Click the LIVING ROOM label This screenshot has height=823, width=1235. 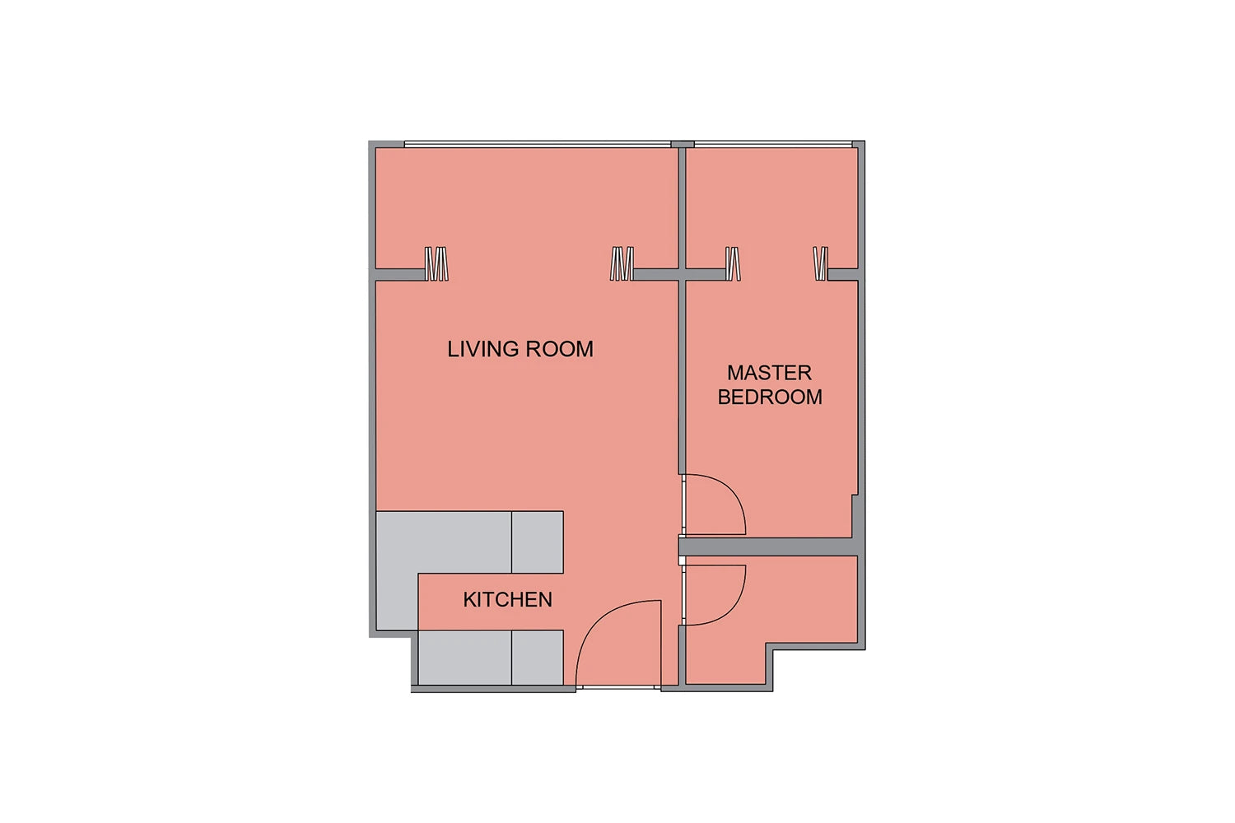(520, 349)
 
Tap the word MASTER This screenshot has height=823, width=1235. (769, 373)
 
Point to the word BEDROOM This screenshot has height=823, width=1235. (770, 397)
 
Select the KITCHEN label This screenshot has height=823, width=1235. (507, 600)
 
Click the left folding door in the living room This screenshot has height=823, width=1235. (436, 263)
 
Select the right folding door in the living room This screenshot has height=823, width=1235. (622, 263)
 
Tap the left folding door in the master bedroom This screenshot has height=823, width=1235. (733, 263)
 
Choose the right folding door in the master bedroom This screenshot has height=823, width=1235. (820, 263)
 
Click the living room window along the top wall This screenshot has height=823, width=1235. (537, 144)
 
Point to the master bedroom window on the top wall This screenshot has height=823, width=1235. (773, 144)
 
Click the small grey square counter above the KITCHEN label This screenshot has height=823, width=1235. (538, 542)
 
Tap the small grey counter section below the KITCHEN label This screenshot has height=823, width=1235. (538, 658)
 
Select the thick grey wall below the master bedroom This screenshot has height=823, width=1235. (769, 546)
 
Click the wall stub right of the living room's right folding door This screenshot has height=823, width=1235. (655, 275)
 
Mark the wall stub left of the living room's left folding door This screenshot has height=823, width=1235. (399, 275)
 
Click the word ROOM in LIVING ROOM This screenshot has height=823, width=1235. (559, 349)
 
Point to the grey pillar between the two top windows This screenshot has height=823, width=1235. (682, 144)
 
